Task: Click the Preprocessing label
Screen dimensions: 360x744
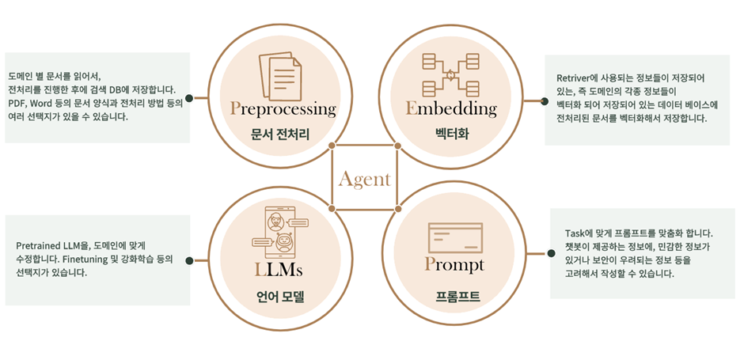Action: coord(283,108)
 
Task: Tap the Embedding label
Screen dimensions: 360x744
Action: coord(450,108)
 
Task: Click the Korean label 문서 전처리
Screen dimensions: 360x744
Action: coord(283,135)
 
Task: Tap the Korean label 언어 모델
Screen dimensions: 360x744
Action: coord(279,298)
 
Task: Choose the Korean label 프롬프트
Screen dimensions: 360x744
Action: coord(454,297)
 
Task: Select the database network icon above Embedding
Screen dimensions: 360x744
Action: coord(450,74)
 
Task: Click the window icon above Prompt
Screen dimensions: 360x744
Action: coord(454,235)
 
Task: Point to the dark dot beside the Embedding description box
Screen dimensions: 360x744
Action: coord(544,100)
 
